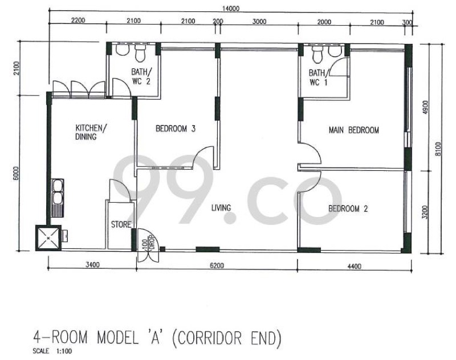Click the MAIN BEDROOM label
coord(353,130)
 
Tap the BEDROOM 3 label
coord(176,128)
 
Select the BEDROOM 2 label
coord(348,208)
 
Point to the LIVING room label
coord(221,208)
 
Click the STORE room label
coord(121,224)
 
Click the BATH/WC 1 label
coord(319,77)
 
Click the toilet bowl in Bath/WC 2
coord(140,53)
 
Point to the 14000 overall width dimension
coord(231,9)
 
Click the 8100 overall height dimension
coord(438,149)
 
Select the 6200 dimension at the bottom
coord(217,265)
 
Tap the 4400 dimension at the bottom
coord(354,266)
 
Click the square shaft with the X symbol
coord(48,238)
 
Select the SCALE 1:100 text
coord(52,351)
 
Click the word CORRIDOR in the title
coord(209,338)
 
